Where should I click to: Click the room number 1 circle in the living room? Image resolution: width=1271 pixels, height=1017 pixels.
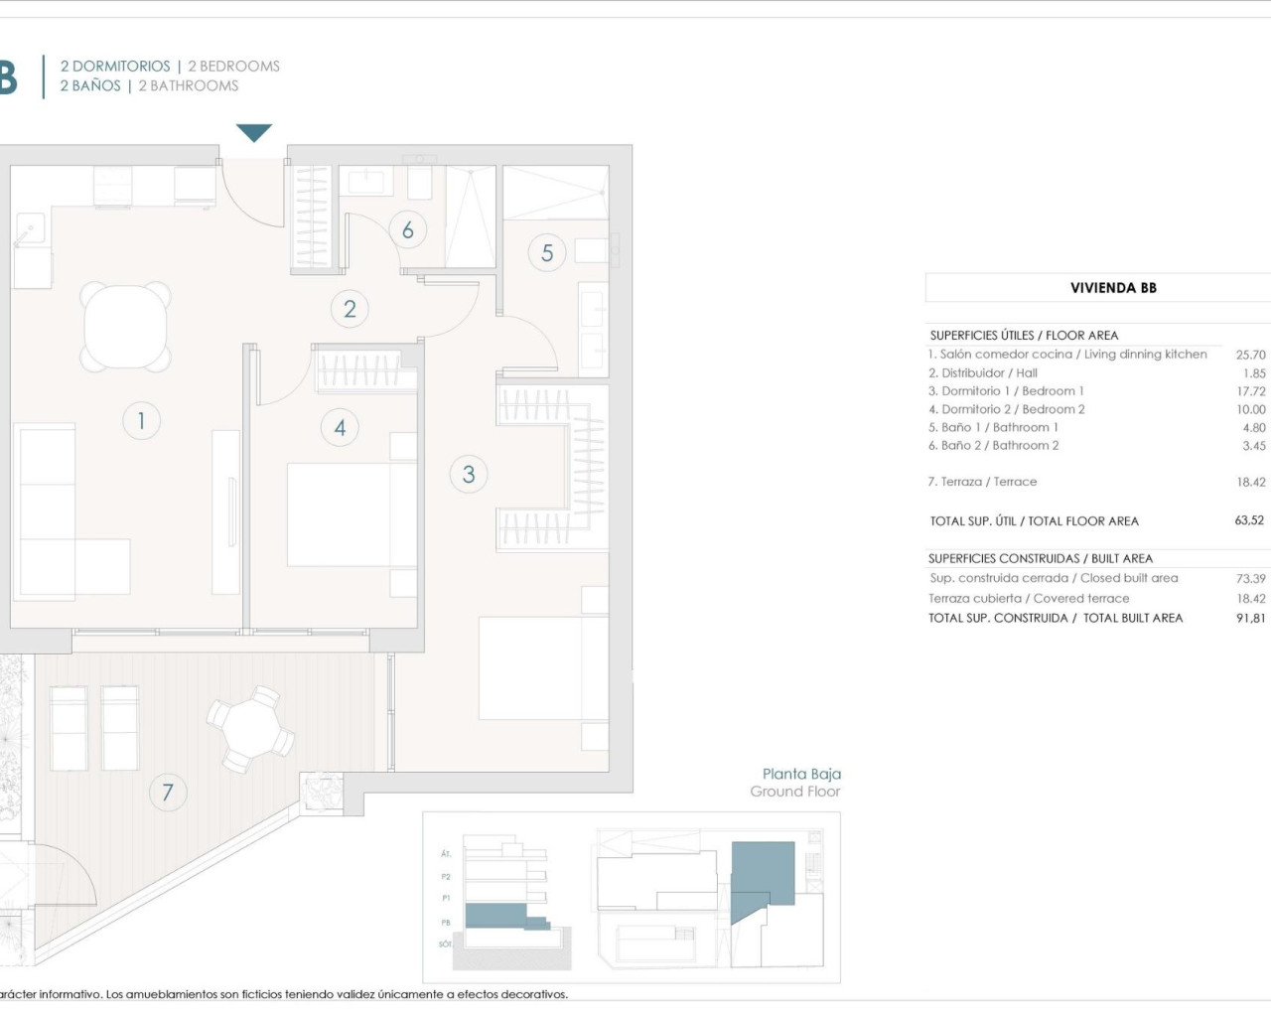(x=141, y=421)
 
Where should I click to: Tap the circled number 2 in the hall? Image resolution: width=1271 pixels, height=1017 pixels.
(x=350, y=309)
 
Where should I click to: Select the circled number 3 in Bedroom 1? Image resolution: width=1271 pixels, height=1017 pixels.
(x=469, y=475)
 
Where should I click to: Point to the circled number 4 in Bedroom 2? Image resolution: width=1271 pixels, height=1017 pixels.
(x=340, y=428)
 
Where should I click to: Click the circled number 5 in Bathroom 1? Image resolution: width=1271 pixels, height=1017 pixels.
(x=547, y=253)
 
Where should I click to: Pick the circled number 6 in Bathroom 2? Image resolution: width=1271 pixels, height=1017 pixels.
(x=407, y=230)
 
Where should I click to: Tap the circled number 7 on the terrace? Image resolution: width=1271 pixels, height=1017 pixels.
(x=167, y=793)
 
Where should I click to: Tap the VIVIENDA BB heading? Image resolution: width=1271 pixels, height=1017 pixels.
(x=1113, y=288)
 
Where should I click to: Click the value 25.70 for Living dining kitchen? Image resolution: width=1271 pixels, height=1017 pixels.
(x=1250, y=355)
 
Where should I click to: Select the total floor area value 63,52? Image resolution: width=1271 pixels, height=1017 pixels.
(x=1249, y=520)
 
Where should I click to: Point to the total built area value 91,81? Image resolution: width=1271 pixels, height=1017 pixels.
(x=1250, y=618)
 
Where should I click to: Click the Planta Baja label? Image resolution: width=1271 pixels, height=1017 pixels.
(x=801, y=774)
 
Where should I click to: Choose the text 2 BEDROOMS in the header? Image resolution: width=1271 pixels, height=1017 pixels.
(x=233, y=67)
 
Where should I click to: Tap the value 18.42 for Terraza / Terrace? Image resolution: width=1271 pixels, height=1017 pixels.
(x=1250, y=482)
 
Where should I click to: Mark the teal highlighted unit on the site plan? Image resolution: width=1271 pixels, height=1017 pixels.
(x=762, y=875)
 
